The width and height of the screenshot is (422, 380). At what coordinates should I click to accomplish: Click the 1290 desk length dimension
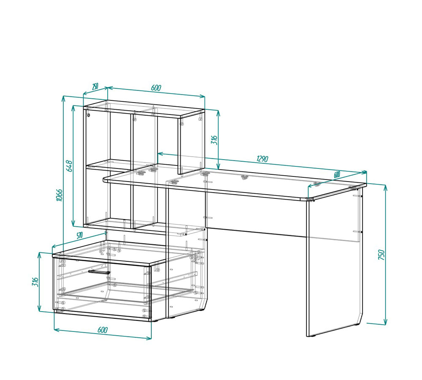pos(262,159)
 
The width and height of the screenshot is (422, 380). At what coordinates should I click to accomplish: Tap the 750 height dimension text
pos(381,255)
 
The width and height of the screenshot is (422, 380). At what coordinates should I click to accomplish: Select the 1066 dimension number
pos(59,195)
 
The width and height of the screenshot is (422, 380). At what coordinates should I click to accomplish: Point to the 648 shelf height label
pos(69,166)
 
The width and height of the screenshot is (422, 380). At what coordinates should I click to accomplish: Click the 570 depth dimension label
pos(79,236)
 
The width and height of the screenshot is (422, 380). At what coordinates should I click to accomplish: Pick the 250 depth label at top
pos(95,87)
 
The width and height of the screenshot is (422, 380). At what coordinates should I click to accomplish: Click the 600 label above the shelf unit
pos(156,87)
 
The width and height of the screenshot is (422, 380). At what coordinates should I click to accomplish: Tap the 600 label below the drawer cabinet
pos(103,330)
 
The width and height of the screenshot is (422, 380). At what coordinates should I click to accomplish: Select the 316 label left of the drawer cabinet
pos(35,282)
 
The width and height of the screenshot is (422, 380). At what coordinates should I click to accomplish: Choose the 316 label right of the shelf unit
pos(214,140)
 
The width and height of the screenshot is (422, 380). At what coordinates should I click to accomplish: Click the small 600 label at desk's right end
pos(337,174)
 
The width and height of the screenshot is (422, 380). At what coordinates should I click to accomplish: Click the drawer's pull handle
pos(99,272)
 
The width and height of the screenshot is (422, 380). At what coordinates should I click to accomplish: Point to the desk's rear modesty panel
pos(256,213)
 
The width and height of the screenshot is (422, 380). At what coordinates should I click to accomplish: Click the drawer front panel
pos(102,288)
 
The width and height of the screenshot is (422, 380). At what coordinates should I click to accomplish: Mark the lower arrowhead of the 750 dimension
pos(385,322)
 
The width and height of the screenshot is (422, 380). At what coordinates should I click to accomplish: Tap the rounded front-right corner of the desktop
pos(304,200)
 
